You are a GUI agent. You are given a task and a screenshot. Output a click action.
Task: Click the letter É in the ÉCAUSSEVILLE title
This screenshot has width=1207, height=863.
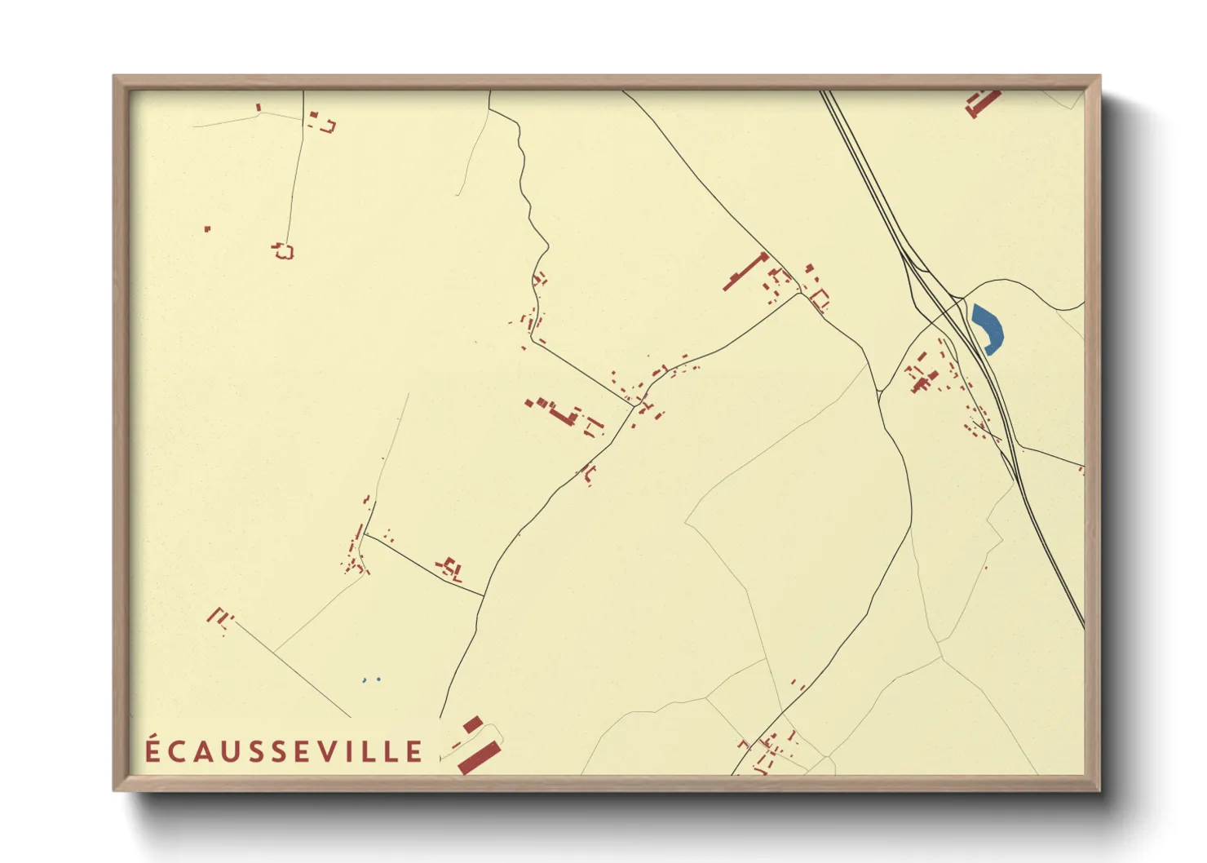(153, 750)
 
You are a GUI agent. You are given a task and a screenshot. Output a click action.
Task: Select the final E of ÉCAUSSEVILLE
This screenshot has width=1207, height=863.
(414, 751)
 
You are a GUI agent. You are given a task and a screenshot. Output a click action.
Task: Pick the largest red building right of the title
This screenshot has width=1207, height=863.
(479, 758)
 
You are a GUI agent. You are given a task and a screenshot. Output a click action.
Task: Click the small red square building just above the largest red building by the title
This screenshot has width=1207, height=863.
(472, 724)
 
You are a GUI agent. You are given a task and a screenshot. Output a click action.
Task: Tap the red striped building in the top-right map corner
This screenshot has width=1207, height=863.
(982, 103)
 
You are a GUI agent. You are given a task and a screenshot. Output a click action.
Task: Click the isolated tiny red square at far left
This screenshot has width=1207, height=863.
(207, 229)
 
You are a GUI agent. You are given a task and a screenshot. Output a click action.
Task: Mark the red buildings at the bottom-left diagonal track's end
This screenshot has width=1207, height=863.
(219, 617)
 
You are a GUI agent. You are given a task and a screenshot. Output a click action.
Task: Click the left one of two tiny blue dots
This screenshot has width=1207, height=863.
(365, 679)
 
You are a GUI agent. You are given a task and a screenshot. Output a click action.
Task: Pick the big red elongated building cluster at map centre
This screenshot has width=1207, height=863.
(560, 413)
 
